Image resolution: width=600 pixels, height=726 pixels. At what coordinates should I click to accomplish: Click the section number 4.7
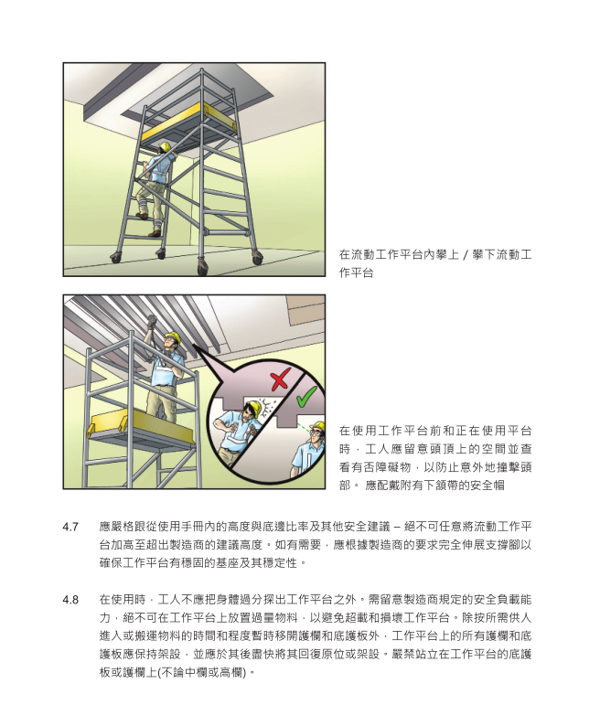[70, 527]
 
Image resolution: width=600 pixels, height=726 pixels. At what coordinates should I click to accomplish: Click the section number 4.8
[70, 599]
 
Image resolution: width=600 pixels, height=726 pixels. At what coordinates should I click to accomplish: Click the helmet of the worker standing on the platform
[171, 338]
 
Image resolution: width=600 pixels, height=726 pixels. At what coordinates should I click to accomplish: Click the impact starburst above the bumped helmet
[260, 403]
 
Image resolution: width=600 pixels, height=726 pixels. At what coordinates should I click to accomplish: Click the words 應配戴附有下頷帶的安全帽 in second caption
[447, 486]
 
